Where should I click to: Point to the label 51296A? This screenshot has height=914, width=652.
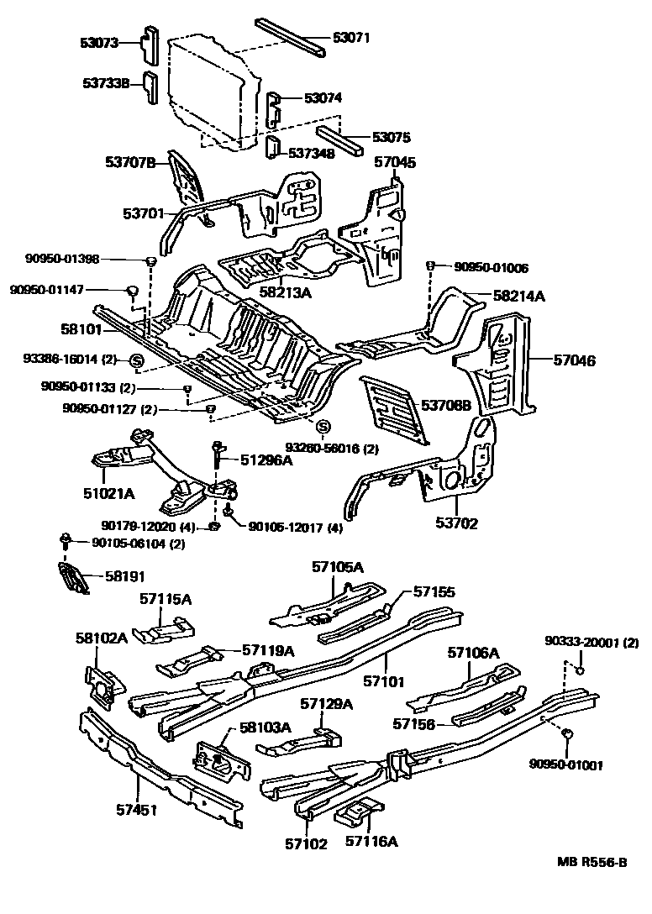[266, 460]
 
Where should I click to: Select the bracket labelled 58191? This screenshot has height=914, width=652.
[75, 579]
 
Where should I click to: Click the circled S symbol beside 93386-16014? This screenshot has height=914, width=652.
[138, 362]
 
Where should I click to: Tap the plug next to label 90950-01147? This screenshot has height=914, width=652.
[132, 291]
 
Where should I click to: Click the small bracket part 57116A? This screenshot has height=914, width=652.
[358, 815]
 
